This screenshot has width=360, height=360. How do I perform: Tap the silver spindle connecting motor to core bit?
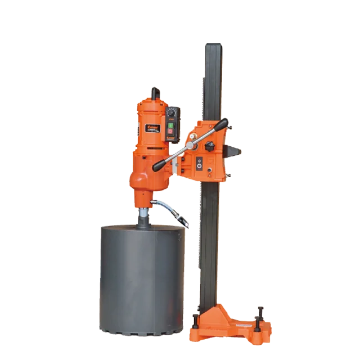pyautogui.click(x=144, y=217)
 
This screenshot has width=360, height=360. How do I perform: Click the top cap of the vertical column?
pyautogui.click(x=213, y=44)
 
